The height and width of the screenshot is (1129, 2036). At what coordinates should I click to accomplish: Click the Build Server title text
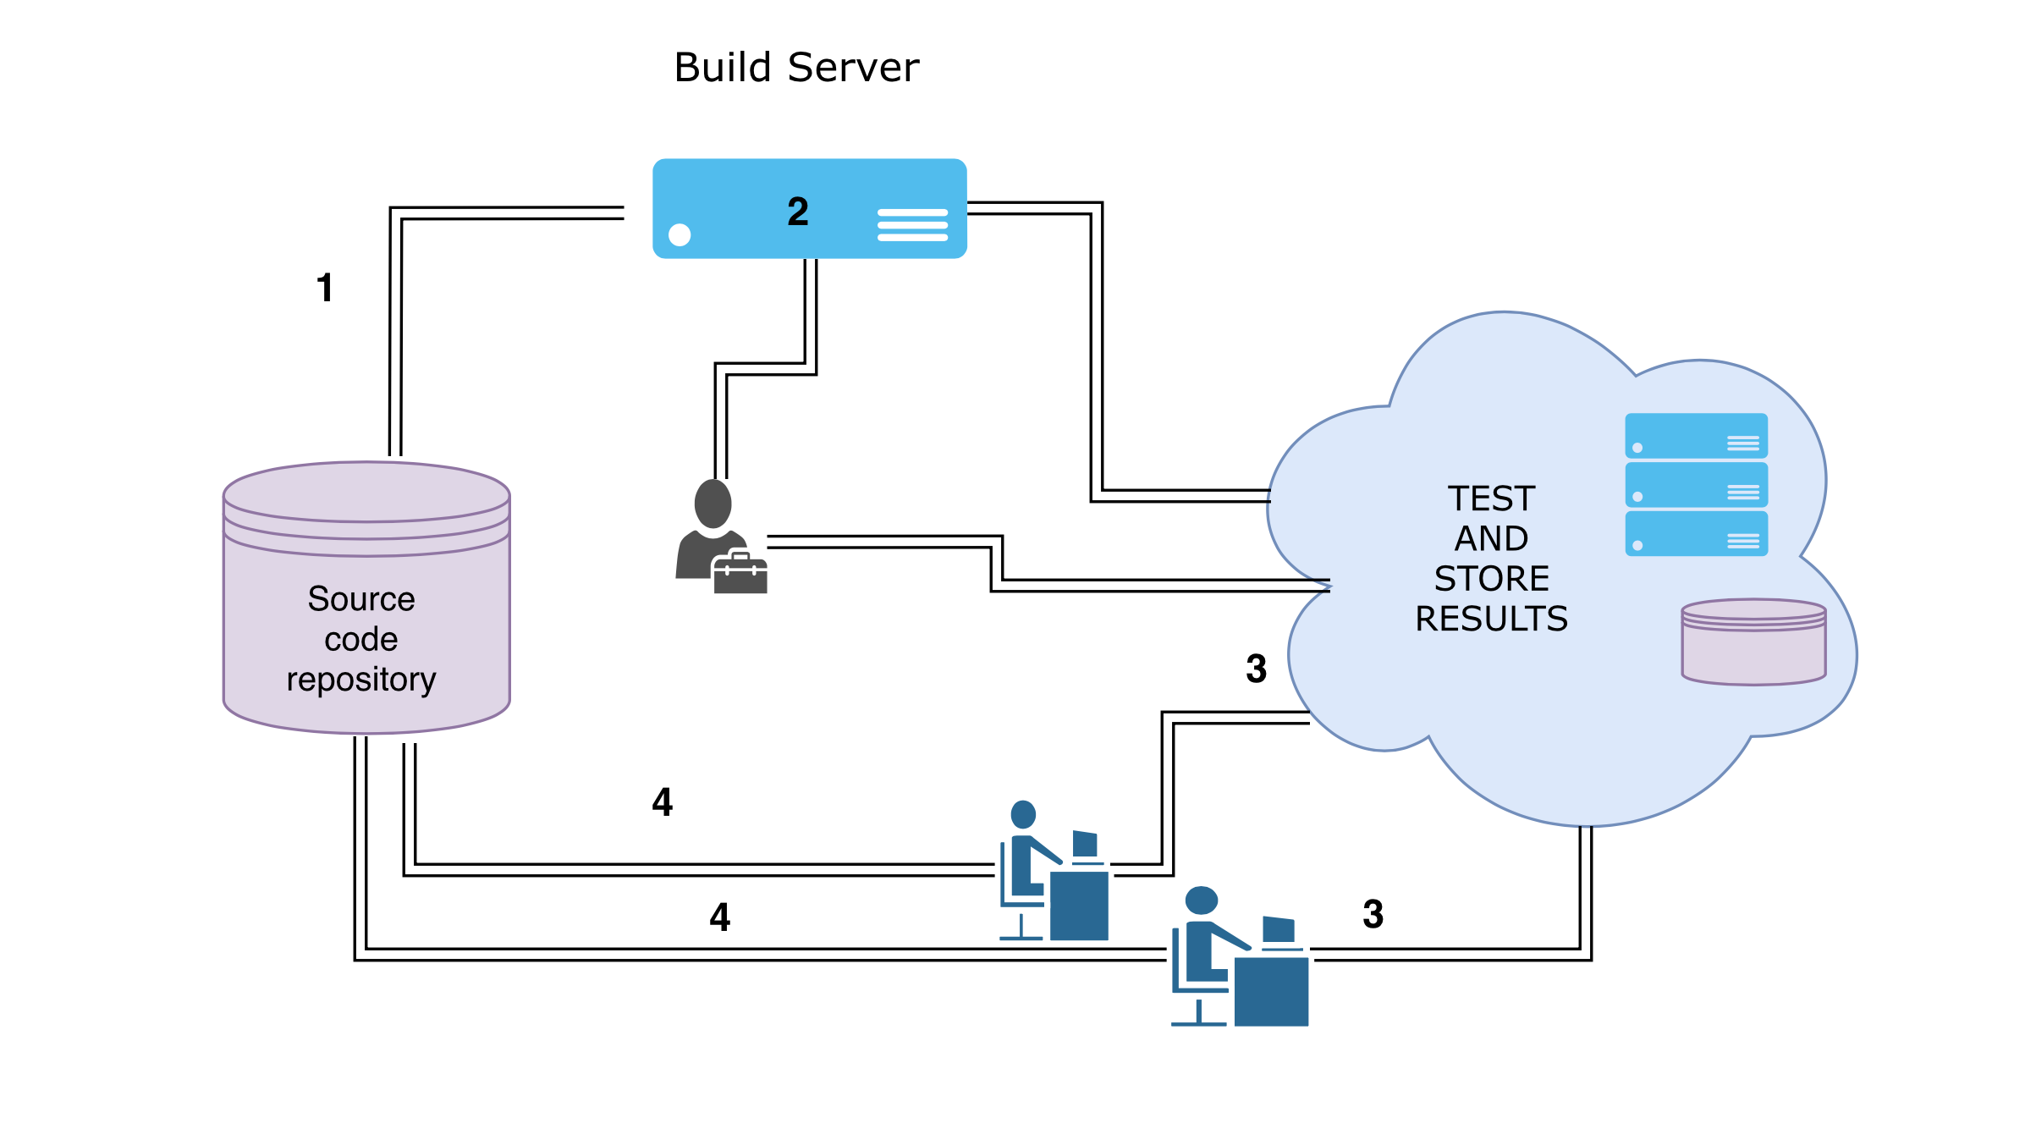click(x=795, y=68)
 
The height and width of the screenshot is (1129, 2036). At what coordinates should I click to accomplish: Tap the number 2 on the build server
click(x=798, y=212)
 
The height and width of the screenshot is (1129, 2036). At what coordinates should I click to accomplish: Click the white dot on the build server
click(x=680, y=234)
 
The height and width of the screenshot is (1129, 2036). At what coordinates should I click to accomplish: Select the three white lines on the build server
click(x=912, y=225)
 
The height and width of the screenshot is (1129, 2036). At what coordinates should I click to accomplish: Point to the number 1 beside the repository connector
click(x=325, y=288)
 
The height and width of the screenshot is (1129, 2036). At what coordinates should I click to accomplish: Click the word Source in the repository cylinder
click(x=361, y=599)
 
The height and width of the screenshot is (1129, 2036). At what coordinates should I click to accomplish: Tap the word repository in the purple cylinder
click(x=361, y=680)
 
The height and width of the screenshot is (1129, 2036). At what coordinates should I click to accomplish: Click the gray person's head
click(x=713, y=504)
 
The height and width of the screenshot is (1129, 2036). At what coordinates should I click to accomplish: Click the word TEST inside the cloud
click(x=1491, y=498)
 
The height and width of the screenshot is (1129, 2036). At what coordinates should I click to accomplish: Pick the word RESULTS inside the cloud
click(x=1491, y=619)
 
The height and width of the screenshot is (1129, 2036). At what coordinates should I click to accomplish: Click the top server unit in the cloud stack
click(x=1696, y=436)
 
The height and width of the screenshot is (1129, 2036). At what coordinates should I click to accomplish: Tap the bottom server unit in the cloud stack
click(x=1696, y=533)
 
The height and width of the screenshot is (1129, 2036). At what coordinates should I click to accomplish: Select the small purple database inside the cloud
click(x=1753, y=643)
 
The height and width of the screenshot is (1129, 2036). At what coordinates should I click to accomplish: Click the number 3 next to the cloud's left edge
click(x=1257, y=669)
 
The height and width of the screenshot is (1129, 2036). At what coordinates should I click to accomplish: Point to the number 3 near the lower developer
click(x=1373, y=914)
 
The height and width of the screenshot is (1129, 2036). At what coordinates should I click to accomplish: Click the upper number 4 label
click(x=663, y=801)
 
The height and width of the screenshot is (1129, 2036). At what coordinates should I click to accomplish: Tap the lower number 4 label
click(x=720, y=917)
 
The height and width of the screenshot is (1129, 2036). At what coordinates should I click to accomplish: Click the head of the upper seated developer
click(x=1023, y=814)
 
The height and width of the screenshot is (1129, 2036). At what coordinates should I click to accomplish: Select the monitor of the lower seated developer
click(x=1279, y=929)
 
